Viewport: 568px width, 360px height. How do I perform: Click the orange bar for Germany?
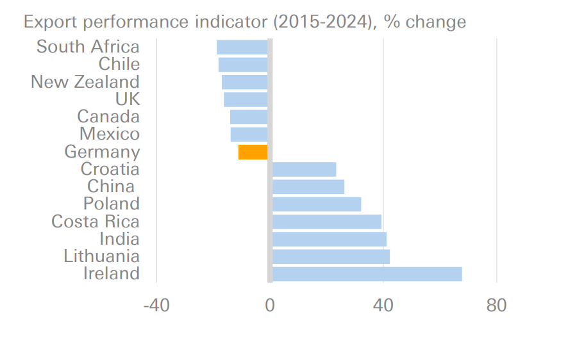[253, 152]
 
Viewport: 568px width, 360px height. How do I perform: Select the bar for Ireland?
[367, 274]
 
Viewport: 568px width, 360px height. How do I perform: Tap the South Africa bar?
[242, 47]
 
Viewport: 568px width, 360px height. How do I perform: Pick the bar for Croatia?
[304, 169]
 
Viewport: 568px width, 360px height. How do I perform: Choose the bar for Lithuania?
[331, 257]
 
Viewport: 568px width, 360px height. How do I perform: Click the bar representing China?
[308, 187]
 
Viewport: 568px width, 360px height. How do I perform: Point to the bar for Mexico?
[249, 135]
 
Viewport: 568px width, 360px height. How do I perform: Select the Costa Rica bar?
[327, 222]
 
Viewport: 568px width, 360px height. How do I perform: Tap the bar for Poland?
[317, 204]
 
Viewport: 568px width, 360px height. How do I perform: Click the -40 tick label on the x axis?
[156, 306]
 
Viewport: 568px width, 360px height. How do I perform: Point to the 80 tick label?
[496, 306]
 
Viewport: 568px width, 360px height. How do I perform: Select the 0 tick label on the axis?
[270, 306]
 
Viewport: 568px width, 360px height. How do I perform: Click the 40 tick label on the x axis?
[383, 306]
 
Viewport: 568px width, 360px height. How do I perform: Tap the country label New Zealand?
[85, 82]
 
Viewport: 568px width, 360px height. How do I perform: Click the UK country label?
[127, 99]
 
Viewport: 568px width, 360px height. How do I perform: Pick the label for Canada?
[108, 117]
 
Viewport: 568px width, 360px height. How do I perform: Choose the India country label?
[119, 239]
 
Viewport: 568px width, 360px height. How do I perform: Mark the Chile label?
[119, 64]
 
